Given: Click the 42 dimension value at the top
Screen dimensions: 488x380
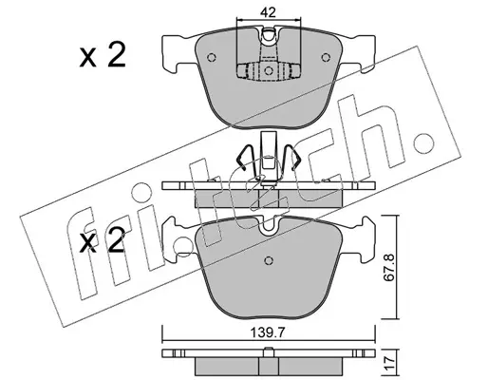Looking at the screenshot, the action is [269, 12].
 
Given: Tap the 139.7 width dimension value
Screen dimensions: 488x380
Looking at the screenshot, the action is [269, 332].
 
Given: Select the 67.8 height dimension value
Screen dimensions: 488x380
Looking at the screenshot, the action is [389, 267].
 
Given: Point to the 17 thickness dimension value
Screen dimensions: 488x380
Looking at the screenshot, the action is [390, 361].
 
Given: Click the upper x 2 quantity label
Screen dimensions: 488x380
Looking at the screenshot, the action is [103, 55].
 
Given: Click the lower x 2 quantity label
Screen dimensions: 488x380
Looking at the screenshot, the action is [103, 240].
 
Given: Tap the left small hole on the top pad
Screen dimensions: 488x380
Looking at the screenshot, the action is [212, 58].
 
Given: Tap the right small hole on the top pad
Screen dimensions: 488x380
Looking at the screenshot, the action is [325, 58].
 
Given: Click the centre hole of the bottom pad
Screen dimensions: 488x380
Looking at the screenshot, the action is [269, 260].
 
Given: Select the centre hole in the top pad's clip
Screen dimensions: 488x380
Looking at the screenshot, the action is [269, 70].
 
